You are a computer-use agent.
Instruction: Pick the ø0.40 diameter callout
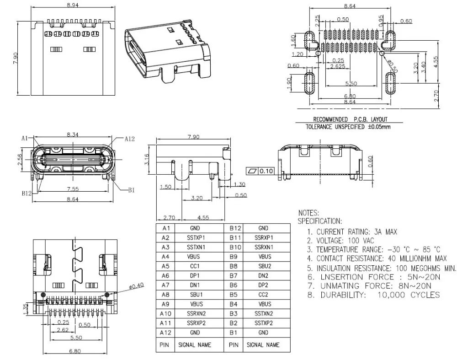click(137, 285)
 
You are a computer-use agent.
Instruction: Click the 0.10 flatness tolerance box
click(266, 171)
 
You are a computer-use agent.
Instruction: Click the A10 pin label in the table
click(166, 313)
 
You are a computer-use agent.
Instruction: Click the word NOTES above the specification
click(308, 213)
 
